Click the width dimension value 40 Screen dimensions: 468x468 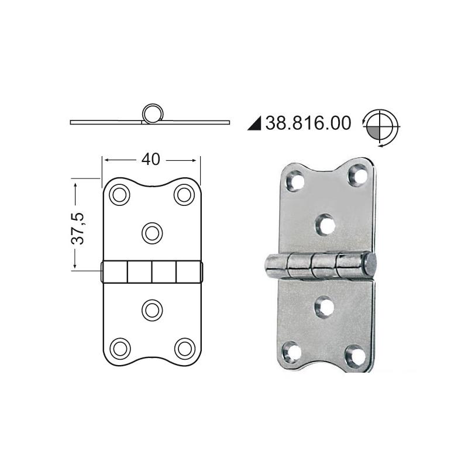(x=151, y=160)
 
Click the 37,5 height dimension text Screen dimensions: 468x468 (x=78, y=229)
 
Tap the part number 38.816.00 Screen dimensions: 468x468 (x=308, y=123)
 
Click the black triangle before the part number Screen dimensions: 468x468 (x=254, y=123)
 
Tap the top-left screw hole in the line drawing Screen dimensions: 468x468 (x=119, y=195)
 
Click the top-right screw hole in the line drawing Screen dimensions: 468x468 (x=184, y=195)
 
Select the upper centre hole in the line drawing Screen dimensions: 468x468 (x=152, y=233)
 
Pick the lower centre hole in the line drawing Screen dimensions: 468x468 (x=152, y=311)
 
